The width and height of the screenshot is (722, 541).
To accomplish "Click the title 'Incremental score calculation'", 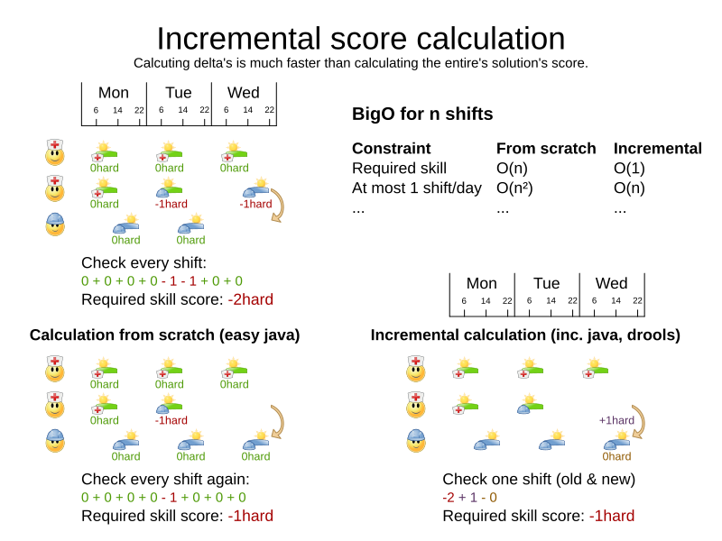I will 361,38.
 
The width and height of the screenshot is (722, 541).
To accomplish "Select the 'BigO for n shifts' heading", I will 422,115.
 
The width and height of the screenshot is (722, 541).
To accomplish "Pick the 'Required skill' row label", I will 399,168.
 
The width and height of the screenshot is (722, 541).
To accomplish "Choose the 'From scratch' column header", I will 546,149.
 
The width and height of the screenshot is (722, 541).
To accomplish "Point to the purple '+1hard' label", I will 616,420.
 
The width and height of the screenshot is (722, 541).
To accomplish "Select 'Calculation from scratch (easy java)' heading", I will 164,335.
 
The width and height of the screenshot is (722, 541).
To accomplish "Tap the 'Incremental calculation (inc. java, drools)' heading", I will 525,335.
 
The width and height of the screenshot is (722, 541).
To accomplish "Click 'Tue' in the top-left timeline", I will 179,93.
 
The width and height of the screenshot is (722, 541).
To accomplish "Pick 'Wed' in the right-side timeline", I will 612,283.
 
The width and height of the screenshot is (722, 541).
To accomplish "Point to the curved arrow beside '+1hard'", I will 642,421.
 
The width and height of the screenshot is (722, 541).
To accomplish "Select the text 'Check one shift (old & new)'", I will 539,479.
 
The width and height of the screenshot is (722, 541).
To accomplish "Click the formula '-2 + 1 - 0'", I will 469,497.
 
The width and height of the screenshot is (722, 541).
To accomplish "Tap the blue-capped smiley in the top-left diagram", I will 56,224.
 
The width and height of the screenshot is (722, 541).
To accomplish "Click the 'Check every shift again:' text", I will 165,479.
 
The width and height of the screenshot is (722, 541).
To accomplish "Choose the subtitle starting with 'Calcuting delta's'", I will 361,63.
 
